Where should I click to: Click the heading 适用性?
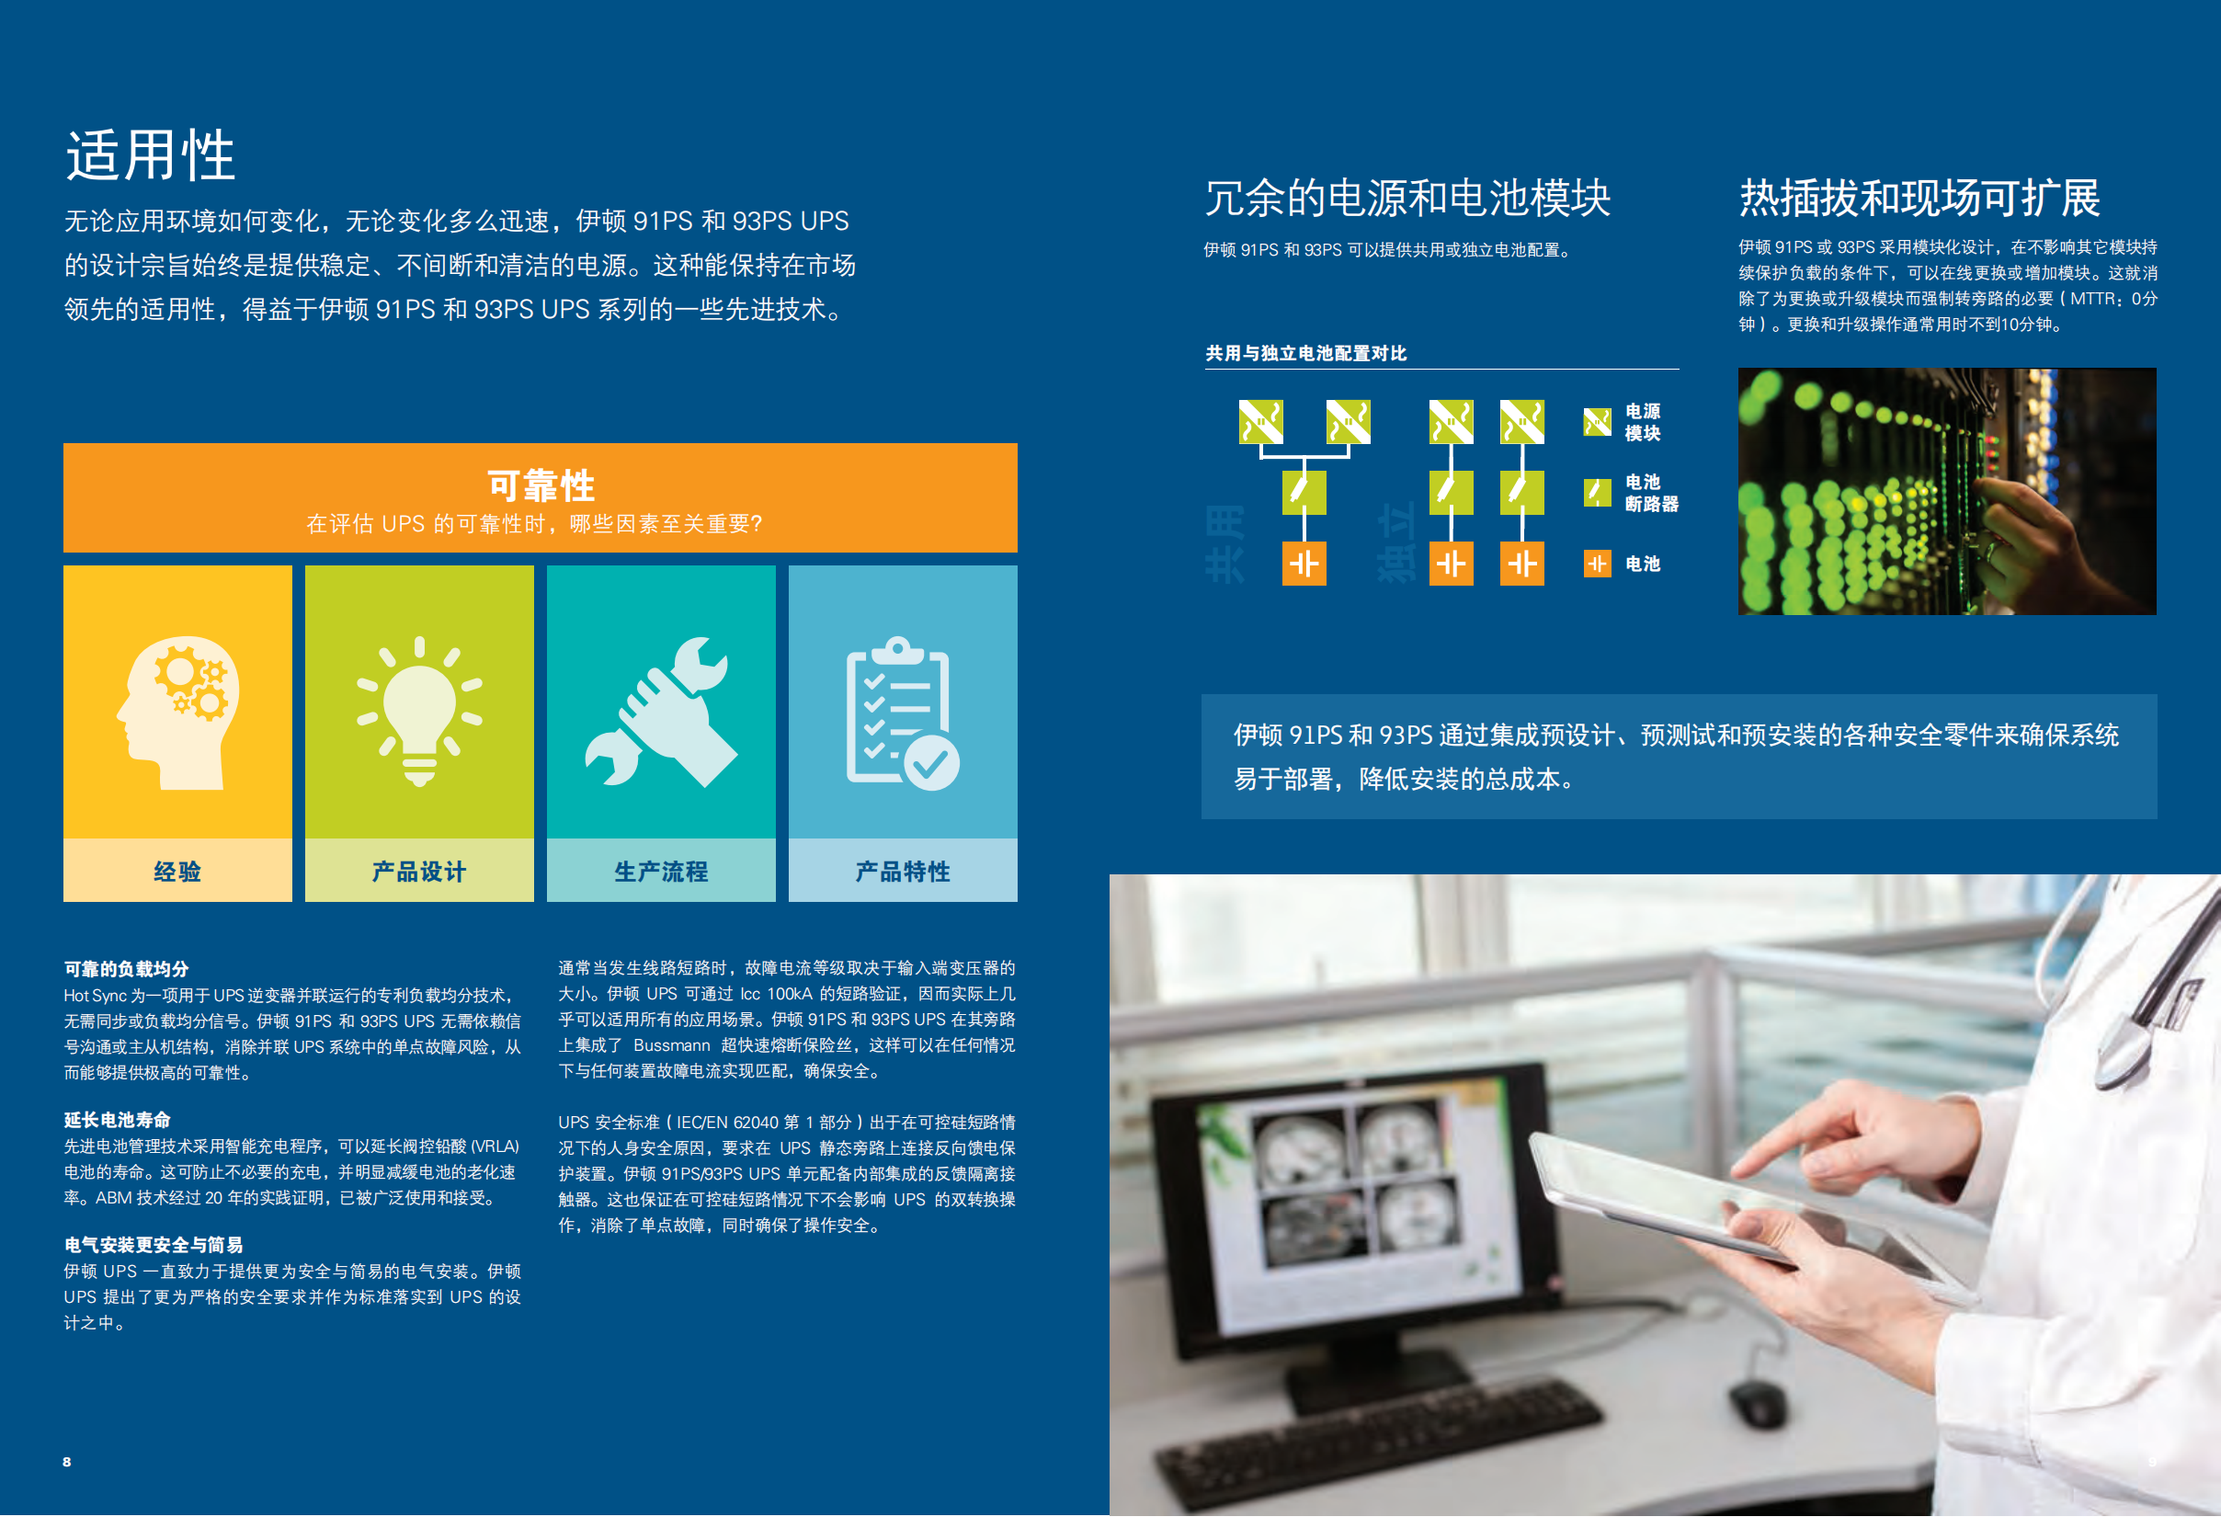pyautogui.click(x=150, y=154)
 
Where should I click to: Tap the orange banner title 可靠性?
pyautogui.click(x=541, y=485)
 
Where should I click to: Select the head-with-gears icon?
pyautogui.click(x=177, y=713)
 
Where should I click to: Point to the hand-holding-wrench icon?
pyautogui.click(x=661, y=713)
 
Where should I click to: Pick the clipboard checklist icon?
pyautogui.click(x=902, y=713)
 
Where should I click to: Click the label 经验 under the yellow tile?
pyautogui.click(x=177, y=871)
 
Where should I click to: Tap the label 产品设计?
pyautogui.click(x=419, y=871)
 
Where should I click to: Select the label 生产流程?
pyautogui.click(x=661, y=871)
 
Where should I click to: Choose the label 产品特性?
pyautogui.click(x=903, y=871)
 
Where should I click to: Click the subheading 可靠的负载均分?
pyautogui.click(x=126, y=968)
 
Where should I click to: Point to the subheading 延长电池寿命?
pyautogui.click(x=118, y=1119)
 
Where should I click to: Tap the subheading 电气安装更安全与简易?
pyautogui.click(x=154, y=1245)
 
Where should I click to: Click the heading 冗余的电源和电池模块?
pyautogui.click(x=1407, y=198)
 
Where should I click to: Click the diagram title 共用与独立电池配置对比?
pyautogui.click(x=1306, y=353)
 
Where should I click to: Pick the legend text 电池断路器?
pyautogui.click(x=1651, y=492)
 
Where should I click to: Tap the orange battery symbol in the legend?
pyautogui.click(x=1597, y=564)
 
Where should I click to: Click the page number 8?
pyautogui.click(x=67, y=1462)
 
